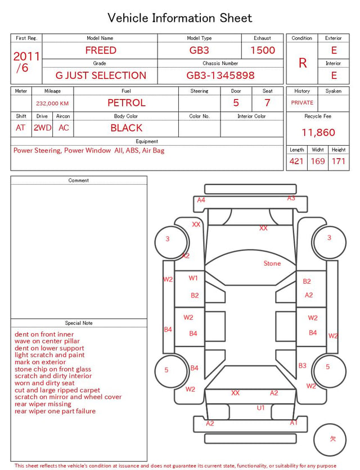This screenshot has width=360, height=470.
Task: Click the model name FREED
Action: (101, 50)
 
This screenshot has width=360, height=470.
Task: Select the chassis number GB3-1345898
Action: (220, 75)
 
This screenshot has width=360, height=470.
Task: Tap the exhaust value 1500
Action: (263, 50)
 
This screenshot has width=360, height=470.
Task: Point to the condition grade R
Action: (303, 63)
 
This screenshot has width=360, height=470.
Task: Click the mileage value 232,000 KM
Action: (52, 104)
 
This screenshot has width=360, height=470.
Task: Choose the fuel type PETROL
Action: (127, 103)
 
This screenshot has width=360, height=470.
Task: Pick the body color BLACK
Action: (127, 128)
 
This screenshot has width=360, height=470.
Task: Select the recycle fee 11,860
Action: (318, 132)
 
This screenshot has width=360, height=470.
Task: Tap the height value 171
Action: (339, 161)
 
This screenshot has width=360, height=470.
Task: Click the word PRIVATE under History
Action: (302, 102)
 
